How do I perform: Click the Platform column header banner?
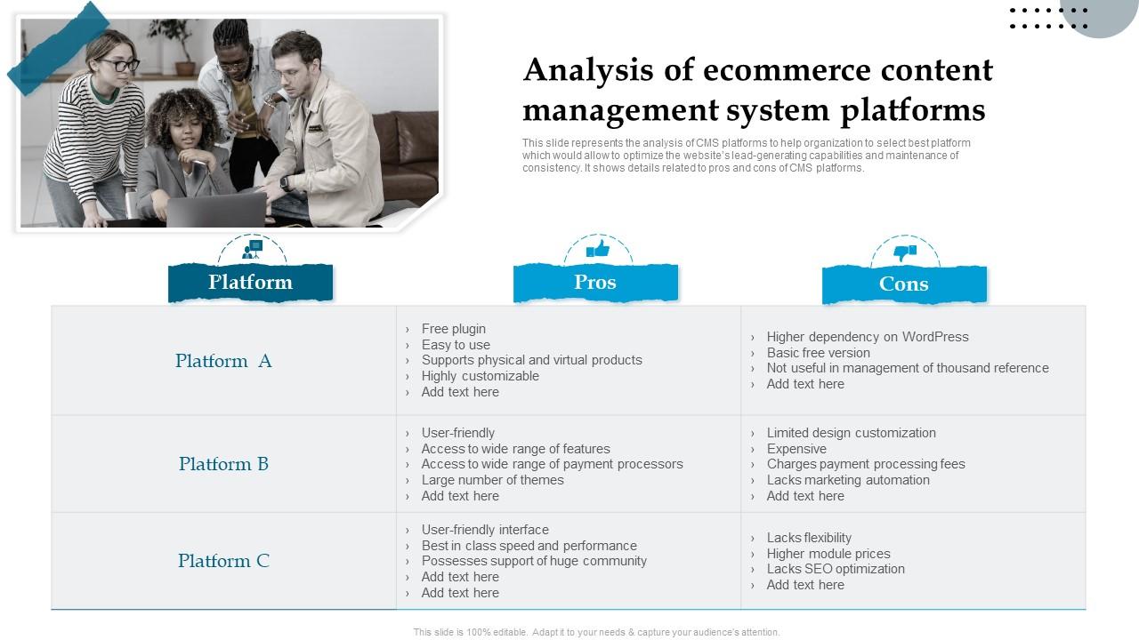click(x=250, y=283)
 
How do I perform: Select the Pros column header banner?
click(x=595, y=283)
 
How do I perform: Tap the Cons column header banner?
click(x=904, y=284)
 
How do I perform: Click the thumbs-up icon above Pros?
click(x=598, y=249)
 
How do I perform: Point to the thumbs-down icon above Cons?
click(x=905, y=252)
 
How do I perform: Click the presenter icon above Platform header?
click(x=253, y=249)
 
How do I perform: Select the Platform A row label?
click(x=223, y=361)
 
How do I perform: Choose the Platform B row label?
click(x=223, y=464)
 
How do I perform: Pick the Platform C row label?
click(x=223, y=561)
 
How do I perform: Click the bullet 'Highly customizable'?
click(x=480, y=376)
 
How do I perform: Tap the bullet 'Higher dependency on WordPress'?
click(x=867, y=337)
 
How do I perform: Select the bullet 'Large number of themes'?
click(x=492, y=480)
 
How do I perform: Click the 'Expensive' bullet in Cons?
click(x=796, y=449)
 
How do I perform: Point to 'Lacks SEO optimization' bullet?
click(x=836, y=569)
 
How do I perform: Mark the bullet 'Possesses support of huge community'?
click(x=534, y=561)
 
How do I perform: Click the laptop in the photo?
click(x=216, y=210)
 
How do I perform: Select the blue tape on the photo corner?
click(x=58, y=48)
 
